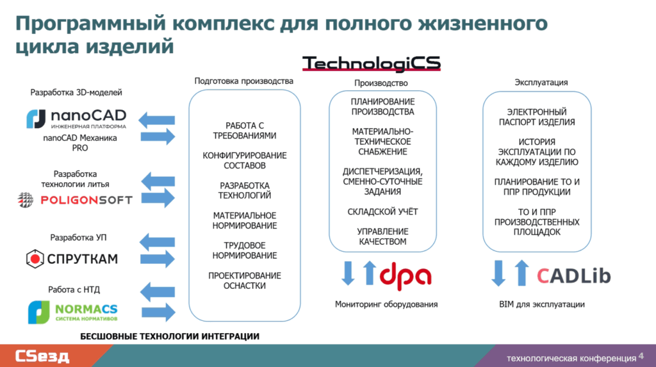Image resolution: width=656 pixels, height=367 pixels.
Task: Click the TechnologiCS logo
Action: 371,63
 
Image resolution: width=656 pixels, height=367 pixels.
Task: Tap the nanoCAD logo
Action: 76,119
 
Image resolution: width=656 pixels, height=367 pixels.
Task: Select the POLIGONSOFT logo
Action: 75,200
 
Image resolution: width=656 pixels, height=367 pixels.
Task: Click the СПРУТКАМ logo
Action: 72,259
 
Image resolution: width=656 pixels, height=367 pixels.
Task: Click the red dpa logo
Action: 406,274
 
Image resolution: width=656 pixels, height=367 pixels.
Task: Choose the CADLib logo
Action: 573,275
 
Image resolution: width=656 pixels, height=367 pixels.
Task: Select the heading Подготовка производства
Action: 244,81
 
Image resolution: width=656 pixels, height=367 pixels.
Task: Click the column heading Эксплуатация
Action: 541,83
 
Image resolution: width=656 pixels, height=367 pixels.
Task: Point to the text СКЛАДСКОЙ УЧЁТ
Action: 382,211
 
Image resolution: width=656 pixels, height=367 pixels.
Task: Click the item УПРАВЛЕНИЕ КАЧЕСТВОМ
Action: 382,236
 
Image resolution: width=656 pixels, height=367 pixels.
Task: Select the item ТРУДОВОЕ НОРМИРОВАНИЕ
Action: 245,250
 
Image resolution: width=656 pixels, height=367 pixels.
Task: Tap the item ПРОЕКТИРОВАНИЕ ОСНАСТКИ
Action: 245,281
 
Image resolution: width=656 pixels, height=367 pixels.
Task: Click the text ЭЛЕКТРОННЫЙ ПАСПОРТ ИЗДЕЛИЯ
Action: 541,117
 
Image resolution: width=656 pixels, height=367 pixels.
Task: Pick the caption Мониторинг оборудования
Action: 386,305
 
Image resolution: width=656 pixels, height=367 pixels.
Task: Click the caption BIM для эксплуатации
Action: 541,305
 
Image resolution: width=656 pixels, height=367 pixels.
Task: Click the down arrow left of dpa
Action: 348,272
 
